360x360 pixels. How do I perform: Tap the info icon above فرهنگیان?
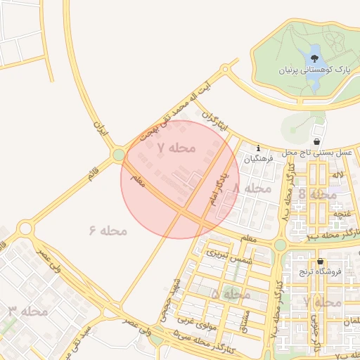pos(259,148)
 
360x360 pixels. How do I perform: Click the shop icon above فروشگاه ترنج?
pos(320,260)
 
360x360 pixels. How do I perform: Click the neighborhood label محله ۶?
pos(109,230)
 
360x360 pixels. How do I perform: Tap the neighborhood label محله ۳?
pos(27,310)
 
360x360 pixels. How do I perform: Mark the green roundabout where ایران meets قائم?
pos(118,155)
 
